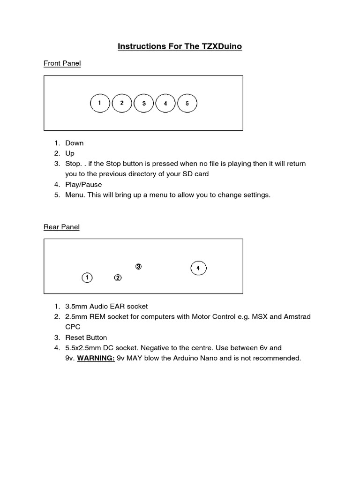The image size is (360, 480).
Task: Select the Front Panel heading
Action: (62, 63)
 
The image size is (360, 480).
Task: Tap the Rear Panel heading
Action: (61, 227)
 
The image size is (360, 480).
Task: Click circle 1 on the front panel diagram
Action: (99, 104)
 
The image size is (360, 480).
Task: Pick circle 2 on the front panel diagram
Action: (122, 103)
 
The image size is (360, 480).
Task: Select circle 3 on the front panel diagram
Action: (144, 104)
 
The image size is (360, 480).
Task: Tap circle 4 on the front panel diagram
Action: (165, 104)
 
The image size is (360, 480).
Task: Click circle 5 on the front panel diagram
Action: (187, 104)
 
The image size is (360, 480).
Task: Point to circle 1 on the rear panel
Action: (87, 278)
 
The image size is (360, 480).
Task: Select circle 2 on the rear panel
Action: (118, 278)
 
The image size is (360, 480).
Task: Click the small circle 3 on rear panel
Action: (138, 266)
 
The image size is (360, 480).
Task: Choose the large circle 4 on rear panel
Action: (198, 268)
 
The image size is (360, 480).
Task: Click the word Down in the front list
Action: (75, 143)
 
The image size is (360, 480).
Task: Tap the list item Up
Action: (70, 153)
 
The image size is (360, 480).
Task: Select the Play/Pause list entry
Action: (83, 184)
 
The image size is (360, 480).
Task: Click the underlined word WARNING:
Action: (96, 358)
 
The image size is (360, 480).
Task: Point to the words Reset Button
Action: (86, 337)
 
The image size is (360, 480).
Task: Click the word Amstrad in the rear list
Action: (295, 316)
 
